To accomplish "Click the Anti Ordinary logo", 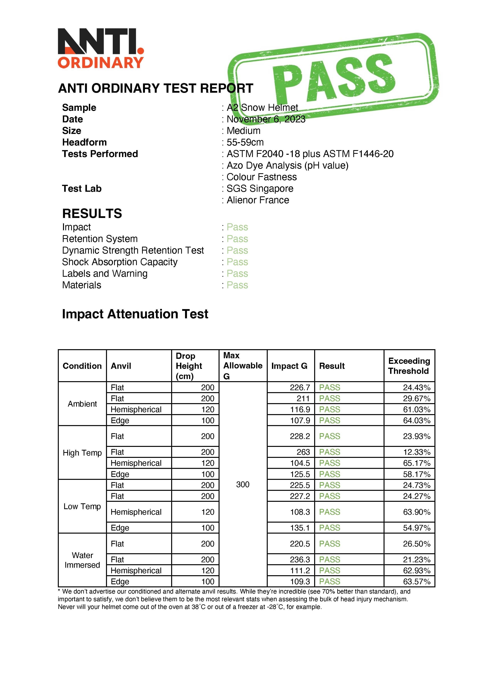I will tap(101, 49).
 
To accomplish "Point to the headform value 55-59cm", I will tap(245, 142).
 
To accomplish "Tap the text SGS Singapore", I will tap(260, 189).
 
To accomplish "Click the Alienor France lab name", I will tap(258, 200).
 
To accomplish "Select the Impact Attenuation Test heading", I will tap(135, 314).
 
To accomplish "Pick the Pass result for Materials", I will tap(237, 285).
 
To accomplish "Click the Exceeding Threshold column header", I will tap(409, 366).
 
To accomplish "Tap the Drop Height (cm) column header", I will tap(189, 366).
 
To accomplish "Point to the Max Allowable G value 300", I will tap(243, 484).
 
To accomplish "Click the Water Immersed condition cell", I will tap(82, 560).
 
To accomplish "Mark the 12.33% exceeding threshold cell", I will tap(417, 452).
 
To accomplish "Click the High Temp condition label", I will tap(82, 453).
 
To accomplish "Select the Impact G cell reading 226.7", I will tap(300, 388).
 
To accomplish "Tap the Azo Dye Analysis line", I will tap(287, 166).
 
